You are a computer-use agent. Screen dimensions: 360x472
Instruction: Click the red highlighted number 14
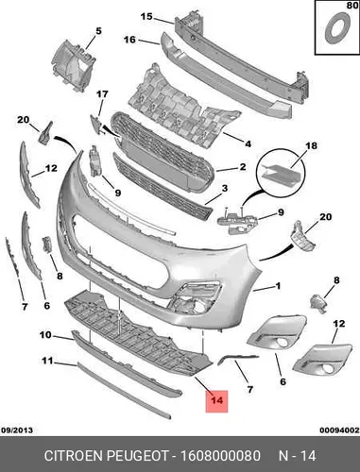[x=216, y=400]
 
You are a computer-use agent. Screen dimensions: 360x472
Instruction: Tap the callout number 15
[x=146, y=16]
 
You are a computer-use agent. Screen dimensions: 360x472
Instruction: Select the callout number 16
[x=129, y=40]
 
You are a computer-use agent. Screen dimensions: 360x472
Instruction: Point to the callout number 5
[x=98, y=31]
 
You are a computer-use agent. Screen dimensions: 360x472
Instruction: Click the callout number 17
[x=102, y=94]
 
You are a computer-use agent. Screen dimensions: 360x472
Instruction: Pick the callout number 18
[x=311, y=145]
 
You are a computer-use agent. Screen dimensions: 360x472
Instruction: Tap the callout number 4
[x=249, y=143]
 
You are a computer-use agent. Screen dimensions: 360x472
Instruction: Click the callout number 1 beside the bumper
[x=278, y=286]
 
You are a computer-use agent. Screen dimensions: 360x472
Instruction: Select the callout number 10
[x=45, y=335]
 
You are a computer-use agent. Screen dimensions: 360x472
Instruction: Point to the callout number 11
[x=47, y=361]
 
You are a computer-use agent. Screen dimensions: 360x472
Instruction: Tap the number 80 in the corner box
[x=352, y=6]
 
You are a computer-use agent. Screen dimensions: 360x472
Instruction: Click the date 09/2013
[x=17, y=430]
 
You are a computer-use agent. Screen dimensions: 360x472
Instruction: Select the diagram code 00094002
[x=339, y=430]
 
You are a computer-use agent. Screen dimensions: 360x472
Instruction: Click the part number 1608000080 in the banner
[x=220, y=456]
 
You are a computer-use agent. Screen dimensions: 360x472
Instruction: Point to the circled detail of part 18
[x=282, y=172]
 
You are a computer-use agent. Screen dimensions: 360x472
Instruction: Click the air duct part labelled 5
[x=73, y=66]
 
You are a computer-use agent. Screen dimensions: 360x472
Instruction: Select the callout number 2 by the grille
[x=243, y=166]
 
